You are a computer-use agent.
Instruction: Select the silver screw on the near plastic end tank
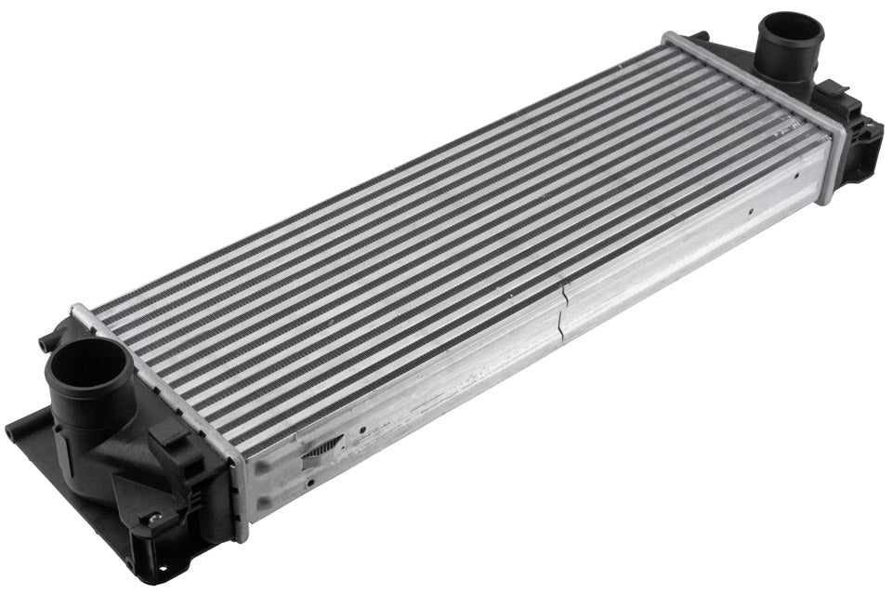point(152,518)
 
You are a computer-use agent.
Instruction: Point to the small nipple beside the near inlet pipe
point(44,345)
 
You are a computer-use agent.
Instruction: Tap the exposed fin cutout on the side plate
point(321,448)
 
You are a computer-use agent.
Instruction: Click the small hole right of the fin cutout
point(362,430)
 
